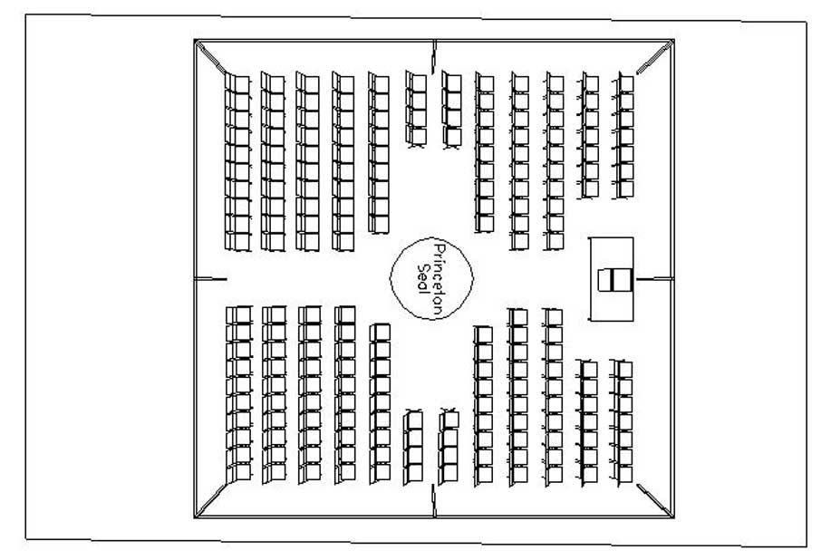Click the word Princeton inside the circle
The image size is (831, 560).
[440, 278]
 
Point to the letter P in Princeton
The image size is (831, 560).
[440, 248]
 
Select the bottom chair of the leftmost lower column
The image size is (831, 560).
[239, 472]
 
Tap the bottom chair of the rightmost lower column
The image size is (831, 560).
[623, 472]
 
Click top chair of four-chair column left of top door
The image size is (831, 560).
[417, 82]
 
